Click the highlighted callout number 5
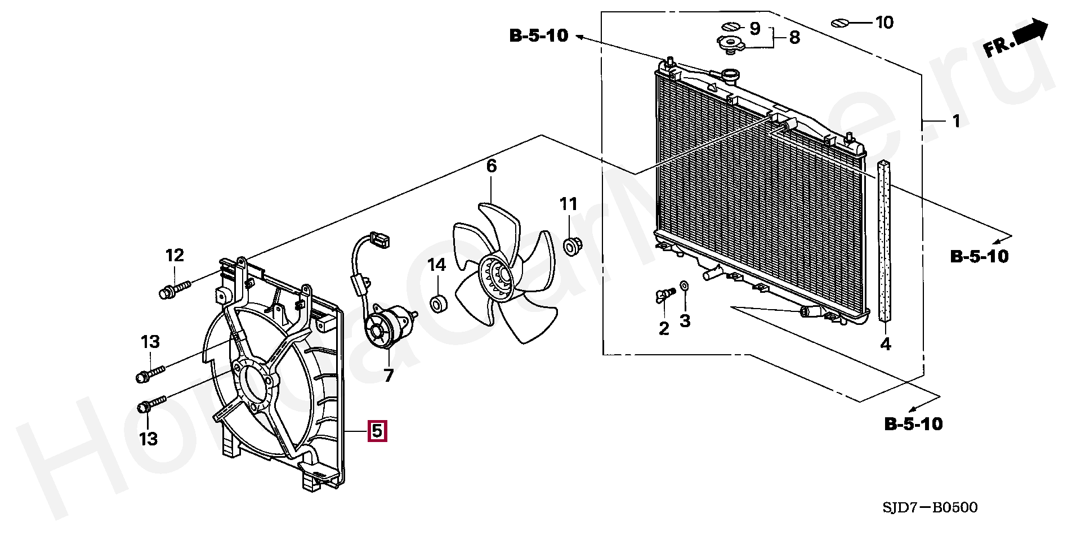377,431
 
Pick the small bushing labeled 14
439,304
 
